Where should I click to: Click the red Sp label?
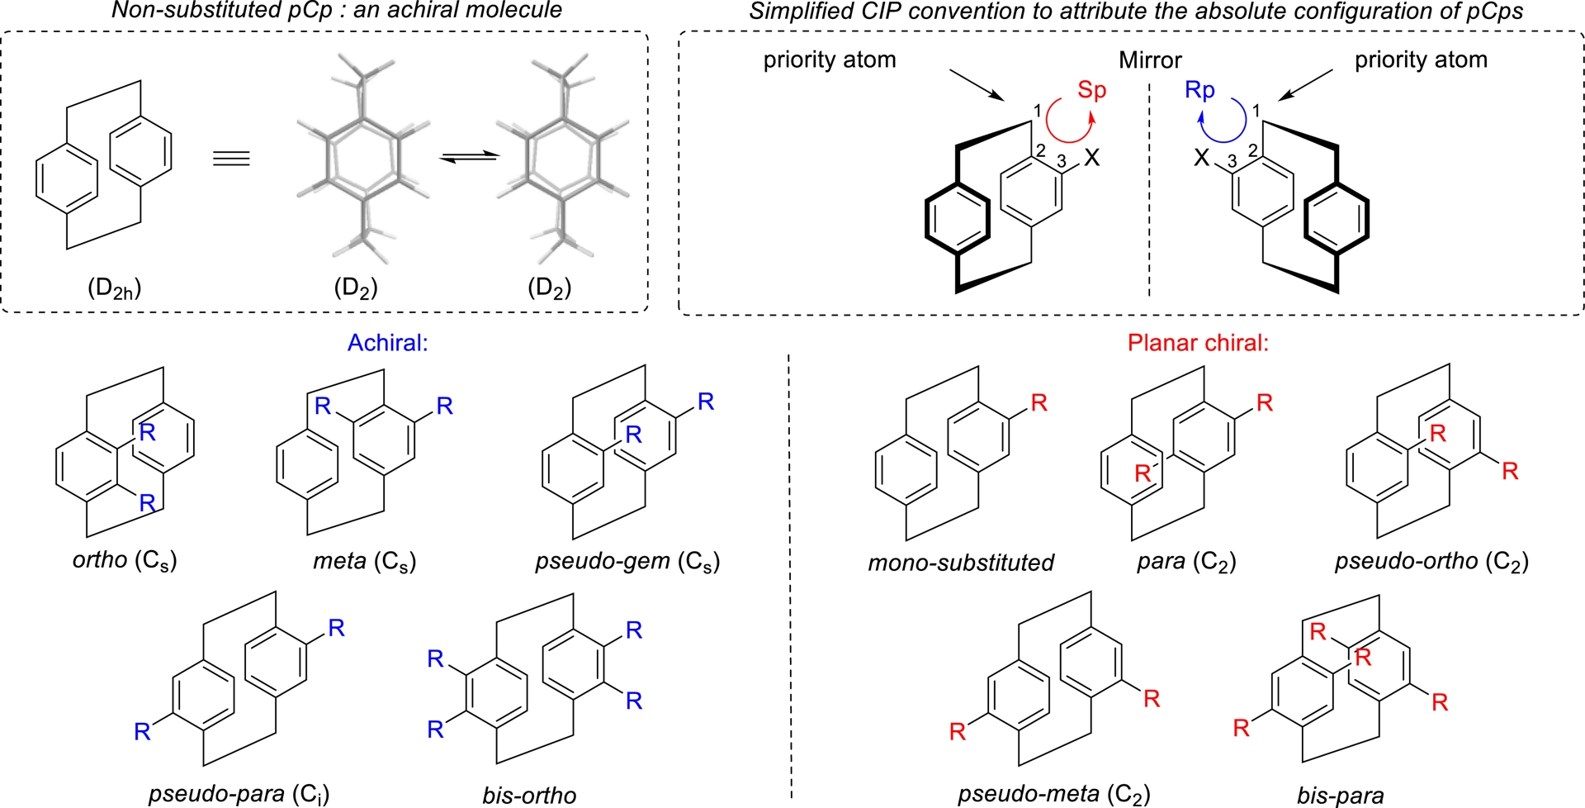click(1091, 90)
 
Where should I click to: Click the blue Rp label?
click(1199, 90)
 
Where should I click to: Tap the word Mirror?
click(1150, 60)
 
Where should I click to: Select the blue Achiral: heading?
click(387, 343)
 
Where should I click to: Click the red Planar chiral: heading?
click(1198, 343)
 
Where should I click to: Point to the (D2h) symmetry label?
click(115, 288)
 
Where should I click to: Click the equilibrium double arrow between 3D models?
click(468, 157)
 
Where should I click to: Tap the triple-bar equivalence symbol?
click(231, 158)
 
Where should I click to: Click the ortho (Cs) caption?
click(125, 560)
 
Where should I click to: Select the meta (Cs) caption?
click(364, 562)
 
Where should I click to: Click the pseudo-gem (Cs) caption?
click(627, 562)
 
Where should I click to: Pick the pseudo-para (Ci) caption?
click(239, 794)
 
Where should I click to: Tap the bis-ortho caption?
click(529, 795)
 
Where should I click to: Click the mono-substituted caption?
click(961, 563)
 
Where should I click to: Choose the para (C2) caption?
click(1186, 562)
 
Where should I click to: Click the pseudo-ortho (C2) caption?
click(1431, 562)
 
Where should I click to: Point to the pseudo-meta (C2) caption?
click(1053, 794)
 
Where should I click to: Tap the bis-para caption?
click(1341, 796)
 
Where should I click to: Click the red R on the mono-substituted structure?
click(1039, 403)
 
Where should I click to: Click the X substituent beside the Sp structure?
click(1091, 157)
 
